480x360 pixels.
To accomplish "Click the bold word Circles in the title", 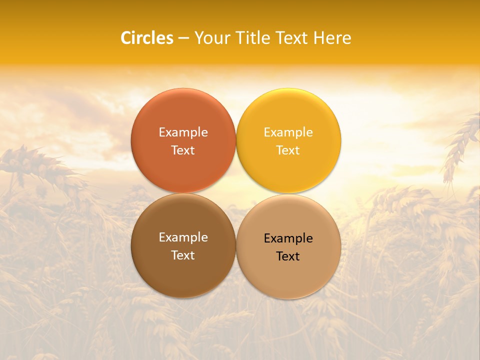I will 147,38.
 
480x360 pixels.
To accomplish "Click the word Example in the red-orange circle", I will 183,132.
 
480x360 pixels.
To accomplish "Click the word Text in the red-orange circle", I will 183,150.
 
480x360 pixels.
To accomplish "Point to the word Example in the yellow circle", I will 288,132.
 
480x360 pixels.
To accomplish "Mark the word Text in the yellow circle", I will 288,150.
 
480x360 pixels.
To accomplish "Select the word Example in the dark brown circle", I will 183,237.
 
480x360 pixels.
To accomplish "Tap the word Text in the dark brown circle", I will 183,255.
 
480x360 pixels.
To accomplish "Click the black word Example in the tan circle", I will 288,238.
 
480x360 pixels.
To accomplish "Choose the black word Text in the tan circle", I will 288,256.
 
